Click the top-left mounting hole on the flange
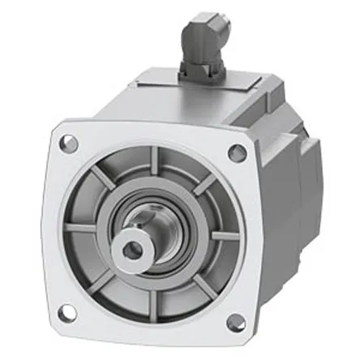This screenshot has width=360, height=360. click(71, 144)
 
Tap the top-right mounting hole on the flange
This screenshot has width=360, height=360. click(238, 152)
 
